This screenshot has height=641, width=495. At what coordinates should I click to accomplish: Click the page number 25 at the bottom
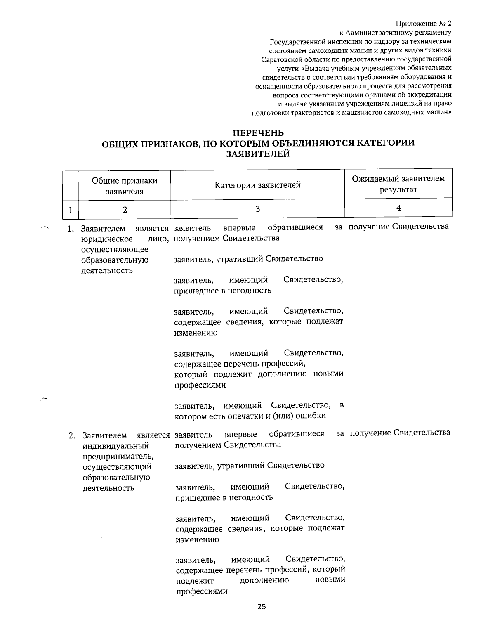262,607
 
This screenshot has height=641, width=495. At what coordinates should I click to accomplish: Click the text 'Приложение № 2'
424,23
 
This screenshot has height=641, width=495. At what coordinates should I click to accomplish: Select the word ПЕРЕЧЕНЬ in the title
259,133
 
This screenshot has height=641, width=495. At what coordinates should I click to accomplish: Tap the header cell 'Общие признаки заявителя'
125,186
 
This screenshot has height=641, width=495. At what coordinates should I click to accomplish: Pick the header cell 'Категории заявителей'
257,185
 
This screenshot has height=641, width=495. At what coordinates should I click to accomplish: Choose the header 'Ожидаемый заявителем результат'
398,184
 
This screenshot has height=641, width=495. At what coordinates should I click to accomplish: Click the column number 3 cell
257,208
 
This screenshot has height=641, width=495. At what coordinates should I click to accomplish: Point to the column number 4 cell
398,208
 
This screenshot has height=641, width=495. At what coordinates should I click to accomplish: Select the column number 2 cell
125,209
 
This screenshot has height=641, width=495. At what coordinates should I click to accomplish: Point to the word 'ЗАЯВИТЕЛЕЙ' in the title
258,154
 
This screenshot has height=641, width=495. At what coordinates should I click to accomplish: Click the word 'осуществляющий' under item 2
117,467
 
